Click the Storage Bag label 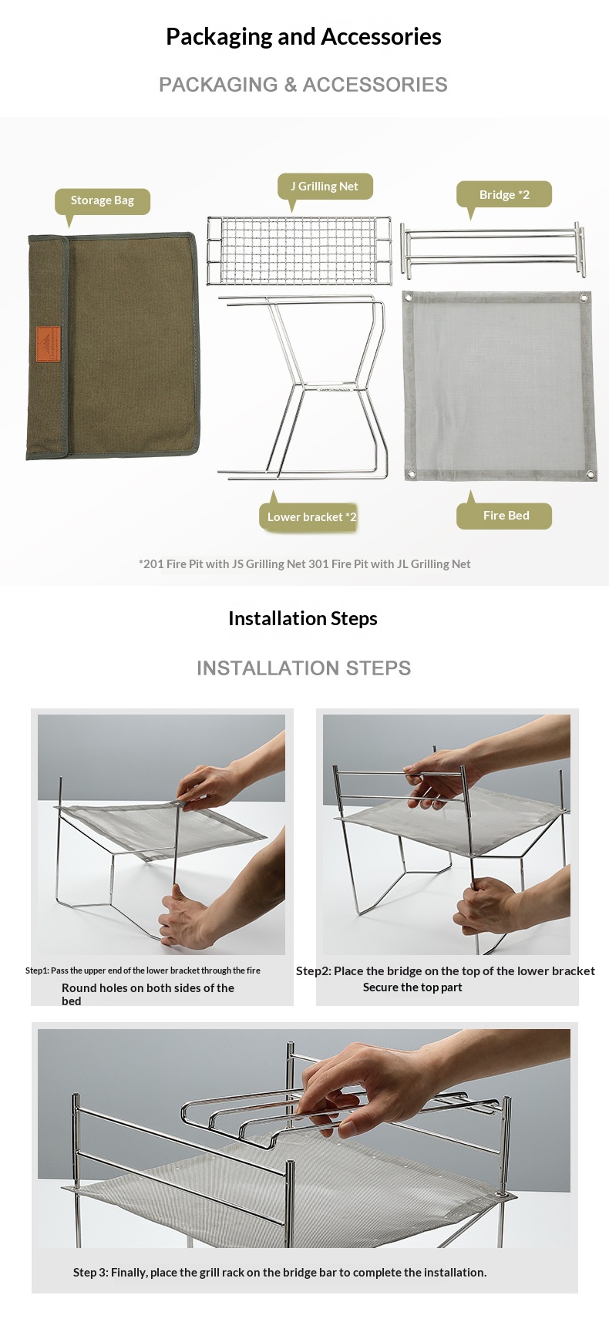click(x=103, y=201)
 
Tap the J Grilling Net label click(x=325, y=187)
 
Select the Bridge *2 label click(x=504, y=194)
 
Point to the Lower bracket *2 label click(x=309, y=516)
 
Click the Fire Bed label click(x=505, y=516)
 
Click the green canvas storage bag click(x=113, y=346)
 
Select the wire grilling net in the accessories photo click(x=299, y=251)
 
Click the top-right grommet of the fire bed click(x=584, y=298)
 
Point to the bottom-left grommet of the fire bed click(x=411, y=473)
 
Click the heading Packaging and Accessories click(x=304, y=36)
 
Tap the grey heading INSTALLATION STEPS click(x=304, y=668)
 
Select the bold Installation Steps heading click(x=303, y=618)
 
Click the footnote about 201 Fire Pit click(x=304, y=563)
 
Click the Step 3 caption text click(x=280, y=1272)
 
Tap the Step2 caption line click(x=446, y=970)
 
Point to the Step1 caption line click(x=143, y=970)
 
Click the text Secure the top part click(x=412, y=987)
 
